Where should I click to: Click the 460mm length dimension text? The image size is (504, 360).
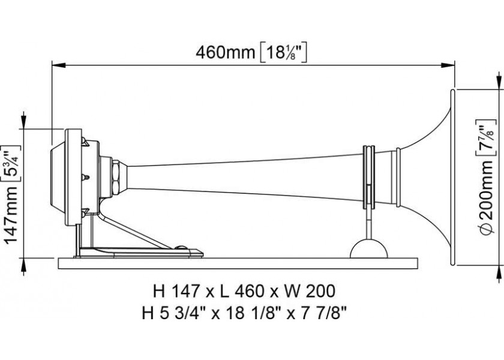pos(226,53)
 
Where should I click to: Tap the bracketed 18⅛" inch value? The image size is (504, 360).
pos(283,53)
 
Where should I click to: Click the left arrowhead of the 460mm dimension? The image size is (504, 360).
pos(57,65)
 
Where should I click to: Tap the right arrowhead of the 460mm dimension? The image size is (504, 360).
pos(449,65)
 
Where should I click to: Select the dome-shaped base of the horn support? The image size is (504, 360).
pos(368,249)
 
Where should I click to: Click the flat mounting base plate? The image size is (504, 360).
pos(238,263)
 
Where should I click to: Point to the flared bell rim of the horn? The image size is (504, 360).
pos(452,177)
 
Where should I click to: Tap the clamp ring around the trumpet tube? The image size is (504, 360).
pos(368,176)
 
